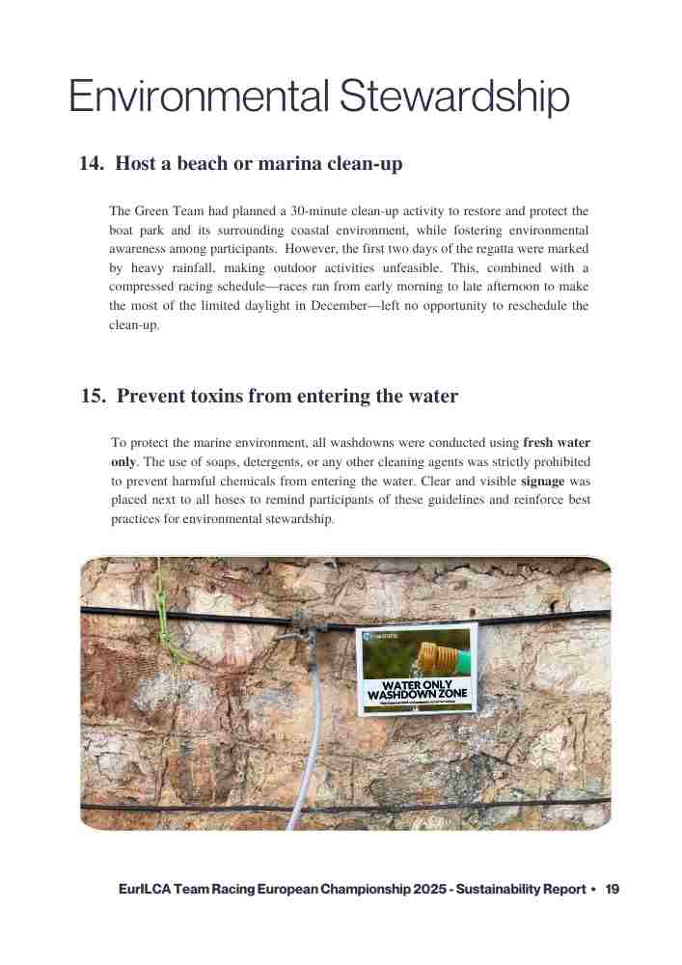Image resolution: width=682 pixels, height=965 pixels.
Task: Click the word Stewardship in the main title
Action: [454, 98]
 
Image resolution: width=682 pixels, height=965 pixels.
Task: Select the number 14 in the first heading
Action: [92, 164]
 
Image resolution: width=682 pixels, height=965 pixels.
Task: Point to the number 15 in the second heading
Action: [94, 397]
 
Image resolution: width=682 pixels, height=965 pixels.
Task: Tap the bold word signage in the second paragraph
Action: [542, 481]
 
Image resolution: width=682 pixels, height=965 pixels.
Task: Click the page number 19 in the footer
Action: [613, 889]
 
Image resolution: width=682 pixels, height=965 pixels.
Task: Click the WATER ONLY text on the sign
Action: [417, 685]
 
